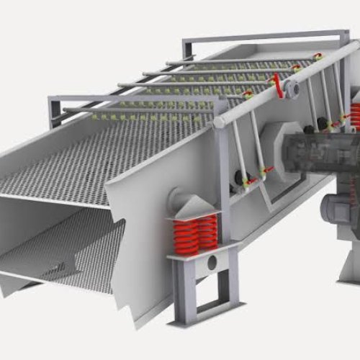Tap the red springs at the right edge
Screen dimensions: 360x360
[x=354, y=115]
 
